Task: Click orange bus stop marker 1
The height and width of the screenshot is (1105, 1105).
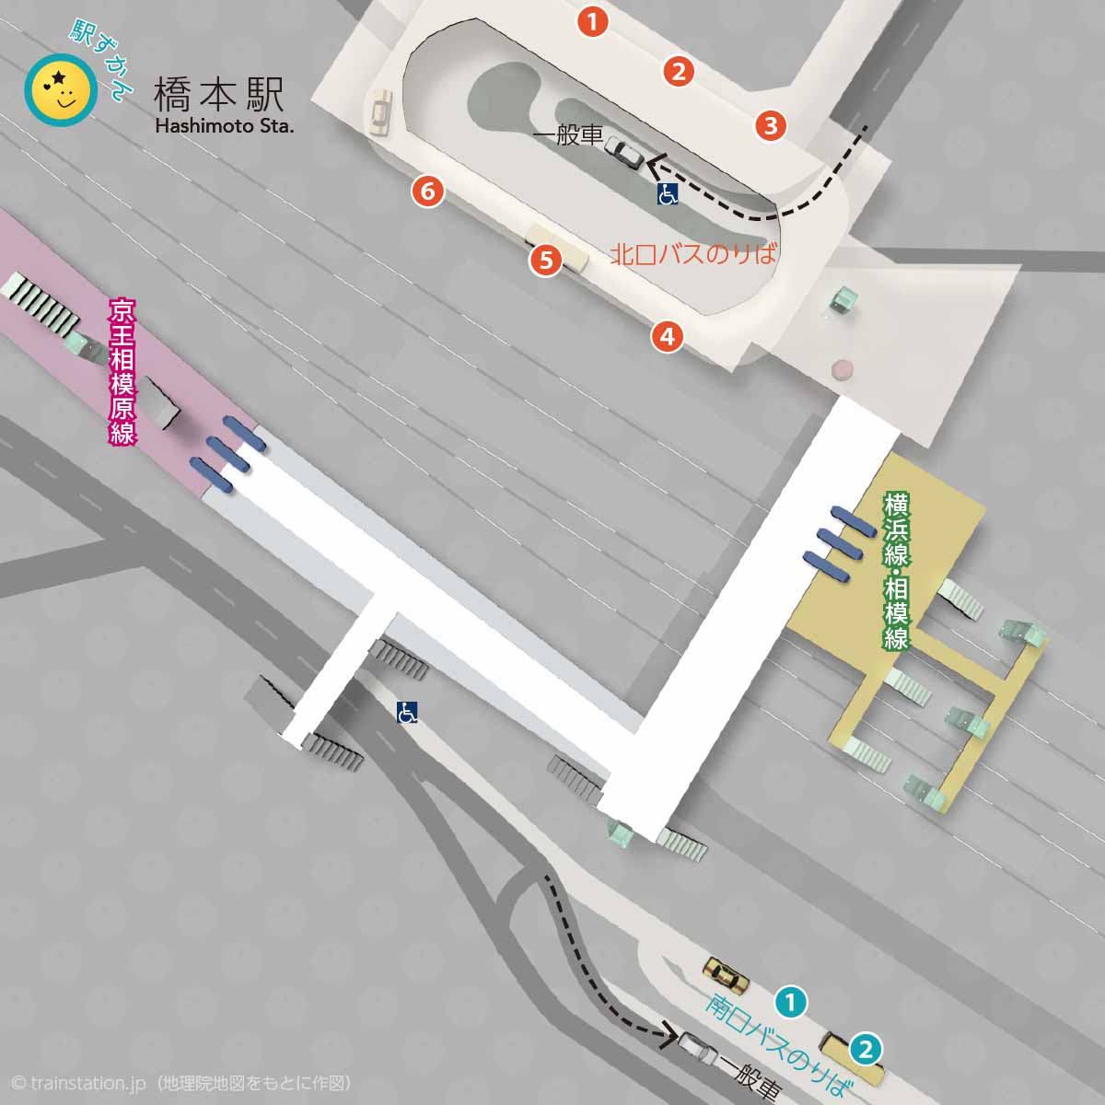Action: (593, 21)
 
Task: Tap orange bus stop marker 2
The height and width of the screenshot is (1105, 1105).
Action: (679, 71)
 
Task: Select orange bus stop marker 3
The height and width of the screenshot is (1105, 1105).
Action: (771, 125)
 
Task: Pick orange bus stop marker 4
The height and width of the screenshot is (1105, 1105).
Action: (667, 336)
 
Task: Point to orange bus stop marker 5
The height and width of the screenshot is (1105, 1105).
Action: (546, 261)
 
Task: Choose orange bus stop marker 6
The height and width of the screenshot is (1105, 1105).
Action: (426, 192)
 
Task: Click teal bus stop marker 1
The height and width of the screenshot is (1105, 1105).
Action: (791, 1001)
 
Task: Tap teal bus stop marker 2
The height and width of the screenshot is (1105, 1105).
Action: (865, 1049)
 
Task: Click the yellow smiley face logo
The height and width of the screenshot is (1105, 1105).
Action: (61, 89)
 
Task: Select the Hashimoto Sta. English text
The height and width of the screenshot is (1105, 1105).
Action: (224, 125)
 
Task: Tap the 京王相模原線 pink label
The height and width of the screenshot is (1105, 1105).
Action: (122, 370)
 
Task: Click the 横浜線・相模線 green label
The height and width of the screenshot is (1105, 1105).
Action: (896, 571)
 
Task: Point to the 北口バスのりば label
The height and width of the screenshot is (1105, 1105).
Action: (693, 254)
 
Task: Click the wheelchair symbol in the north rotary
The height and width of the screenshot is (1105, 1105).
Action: (668, 193)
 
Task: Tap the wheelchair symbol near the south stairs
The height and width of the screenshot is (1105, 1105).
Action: (407, 711)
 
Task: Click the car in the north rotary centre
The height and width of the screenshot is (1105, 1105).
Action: (625, 152)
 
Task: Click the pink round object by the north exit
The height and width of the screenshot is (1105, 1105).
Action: (843, 370)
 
